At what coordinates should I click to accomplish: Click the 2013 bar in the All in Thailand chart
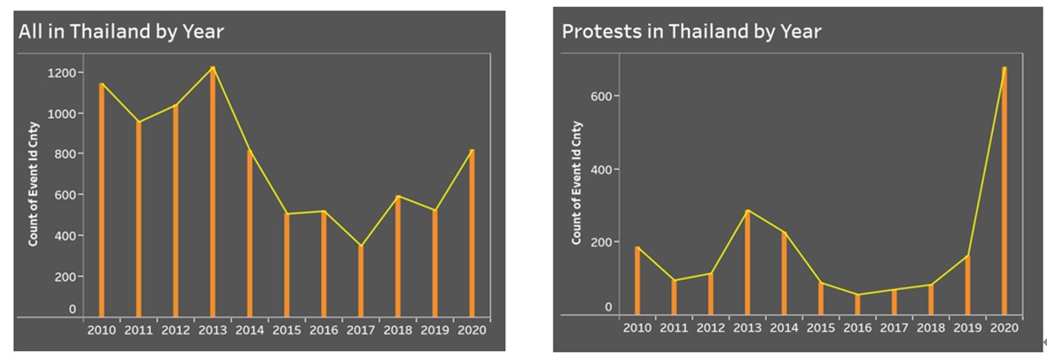pyautogui.click(x=213, y=192)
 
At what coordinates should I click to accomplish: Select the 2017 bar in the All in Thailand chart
pyautogui.click(x=361, y=281)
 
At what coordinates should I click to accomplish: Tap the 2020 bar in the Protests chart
pyautogui.click(x=1004, y=191)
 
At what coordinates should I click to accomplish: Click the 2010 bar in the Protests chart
pyautogui.click(x=637, y=281)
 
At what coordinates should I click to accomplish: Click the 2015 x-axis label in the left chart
pyautogui.click(x=286, y=330)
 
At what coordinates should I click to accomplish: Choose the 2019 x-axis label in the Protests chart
pyautogui.click(x=967, y=328)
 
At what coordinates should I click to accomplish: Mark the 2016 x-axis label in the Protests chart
pyautogui.click(x=857, y=328)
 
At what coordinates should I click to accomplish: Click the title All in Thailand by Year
pyautogui.click(x=121, y=32)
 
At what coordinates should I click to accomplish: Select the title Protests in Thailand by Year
pyautogui.click(x=691, y=32)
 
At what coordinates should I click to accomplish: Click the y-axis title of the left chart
pyautogui.click(x=34, y=184)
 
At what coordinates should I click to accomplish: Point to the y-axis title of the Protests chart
pyautogui.click(x=577, y=183)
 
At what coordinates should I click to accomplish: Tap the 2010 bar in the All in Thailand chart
pyautogui.click(x=102, y=200)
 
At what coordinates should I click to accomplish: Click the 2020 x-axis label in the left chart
pyautogui.click(x=471, y=330)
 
